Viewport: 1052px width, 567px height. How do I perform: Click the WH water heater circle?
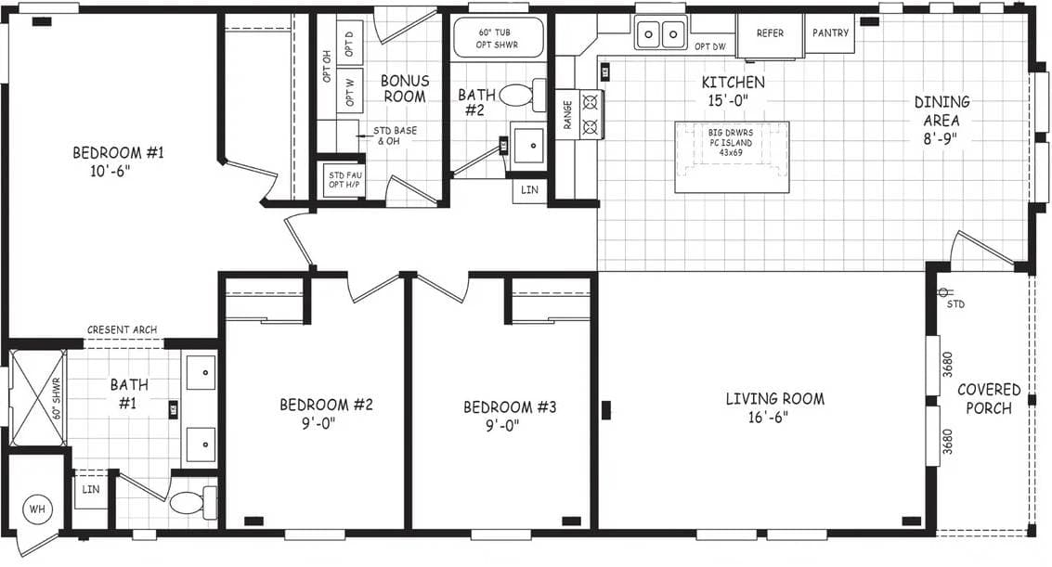37,509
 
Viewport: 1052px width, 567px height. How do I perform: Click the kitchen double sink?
660,34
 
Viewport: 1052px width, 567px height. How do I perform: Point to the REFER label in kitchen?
770,33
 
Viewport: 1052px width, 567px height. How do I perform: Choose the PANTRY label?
830,33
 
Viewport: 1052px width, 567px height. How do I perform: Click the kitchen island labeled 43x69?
732,157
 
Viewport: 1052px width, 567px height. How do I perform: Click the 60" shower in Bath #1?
38,398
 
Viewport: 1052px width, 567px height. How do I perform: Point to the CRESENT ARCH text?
122,329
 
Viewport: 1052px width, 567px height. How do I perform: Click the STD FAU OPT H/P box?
342,179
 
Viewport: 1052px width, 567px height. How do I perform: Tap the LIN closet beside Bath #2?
529,189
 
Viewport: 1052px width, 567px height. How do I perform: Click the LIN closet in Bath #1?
91,489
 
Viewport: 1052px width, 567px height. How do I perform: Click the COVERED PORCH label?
989,399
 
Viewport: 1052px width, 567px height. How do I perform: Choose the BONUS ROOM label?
405,89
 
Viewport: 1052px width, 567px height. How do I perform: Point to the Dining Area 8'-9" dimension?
942,139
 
